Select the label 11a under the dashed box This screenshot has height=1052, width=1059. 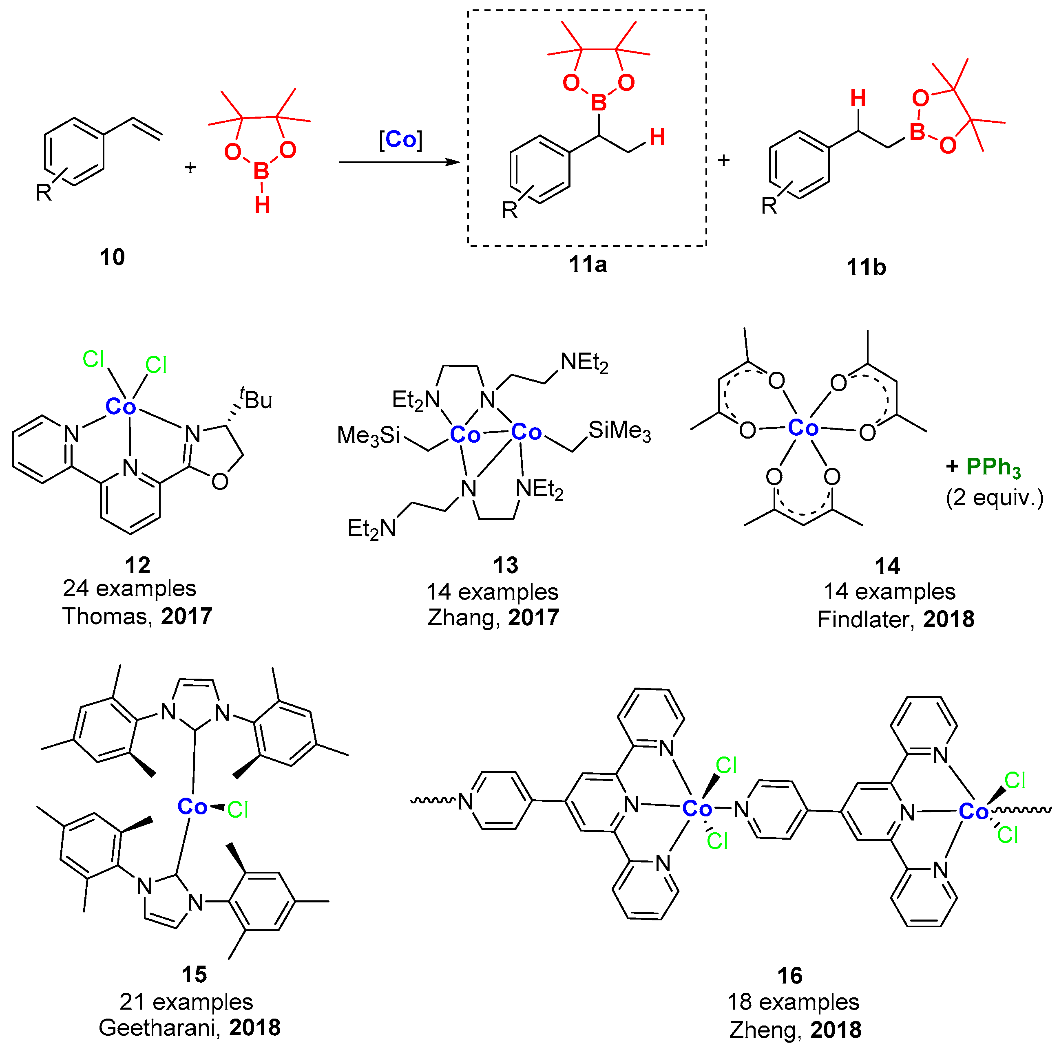click(588, 265)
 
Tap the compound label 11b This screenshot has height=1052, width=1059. click(866, 267)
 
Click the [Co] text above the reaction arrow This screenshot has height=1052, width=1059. click(401, 140)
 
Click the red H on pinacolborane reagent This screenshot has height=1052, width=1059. click(262, 205)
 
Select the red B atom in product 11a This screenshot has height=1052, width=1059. click(599, 102)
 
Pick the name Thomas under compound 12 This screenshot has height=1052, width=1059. click(105, 616)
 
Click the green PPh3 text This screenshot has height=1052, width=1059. click(993, 467)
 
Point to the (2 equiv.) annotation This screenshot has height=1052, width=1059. click(994, 498)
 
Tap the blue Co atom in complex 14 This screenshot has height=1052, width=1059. click(803, 428)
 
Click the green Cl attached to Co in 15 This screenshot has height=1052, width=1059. click(238, 809)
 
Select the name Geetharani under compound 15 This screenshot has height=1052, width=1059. click(159, 1028)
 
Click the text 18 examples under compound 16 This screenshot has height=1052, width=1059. click(793, 1001)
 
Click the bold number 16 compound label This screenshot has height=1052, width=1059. click(790, 976)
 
